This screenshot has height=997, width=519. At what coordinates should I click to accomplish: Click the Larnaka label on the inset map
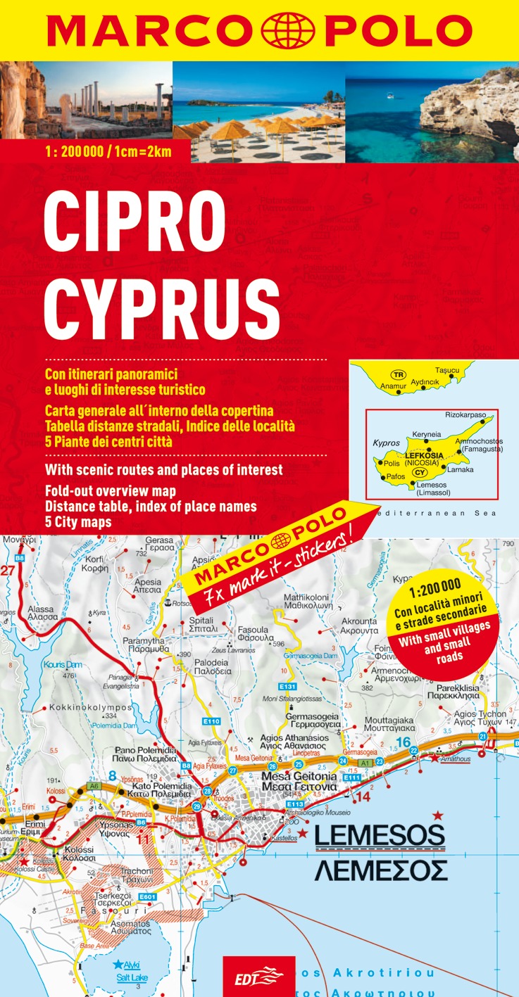(x=461, y=469)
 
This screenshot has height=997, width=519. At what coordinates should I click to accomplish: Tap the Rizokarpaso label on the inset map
(x=465, y=416)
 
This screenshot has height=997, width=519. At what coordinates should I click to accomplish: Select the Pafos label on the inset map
(x=395, y=477)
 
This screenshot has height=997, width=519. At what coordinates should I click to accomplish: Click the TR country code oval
(x=399, y=375)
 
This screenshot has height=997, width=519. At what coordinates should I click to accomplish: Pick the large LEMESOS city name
(x=380, y=835)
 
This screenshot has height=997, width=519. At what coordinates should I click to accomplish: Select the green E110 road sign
(x=212, y=721)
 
